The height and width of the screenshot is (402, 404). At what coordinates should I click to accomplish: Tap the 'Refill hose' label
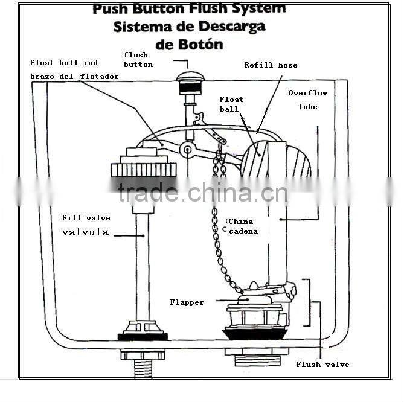point(271,65)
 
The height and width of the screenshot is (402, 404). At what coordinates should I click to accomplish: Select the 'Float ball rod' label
point(64,63)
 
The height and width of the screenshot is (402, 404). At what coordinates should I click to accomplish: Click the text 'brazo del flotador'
point(74,77)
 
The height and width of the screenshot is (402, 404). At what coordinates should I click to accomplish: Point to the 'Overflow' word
point(307,93)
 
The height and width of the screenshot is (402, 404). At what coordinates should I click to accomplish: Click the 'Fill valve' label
point(86,218)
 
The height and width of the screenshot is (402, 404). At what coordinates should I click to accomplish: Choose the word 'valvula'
point(85,232)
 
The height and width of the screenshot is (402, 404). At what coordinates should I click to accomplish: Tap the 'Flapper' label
point(187,302)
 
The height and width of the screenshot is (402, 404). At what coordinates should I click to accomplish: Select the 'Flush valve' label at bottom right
point(322,365)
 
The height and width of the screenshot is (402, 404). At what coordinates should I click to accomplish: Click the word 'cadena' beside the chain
point(243,231)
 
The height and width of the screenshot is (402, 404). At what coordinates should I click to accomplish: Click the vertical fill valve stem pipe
point(143,266)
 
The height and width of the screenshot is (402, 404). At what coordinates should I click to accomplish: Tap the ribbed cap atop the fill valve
point(143,169)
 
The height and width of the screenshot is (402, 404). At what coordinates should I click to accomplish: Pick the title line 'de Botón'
point(188,44)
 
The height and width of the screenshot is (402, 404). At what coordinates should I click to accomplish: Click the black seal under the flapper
point(255,333)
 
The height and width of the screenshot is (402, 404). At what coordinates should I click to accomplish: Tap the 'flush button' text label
point(138,60)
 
